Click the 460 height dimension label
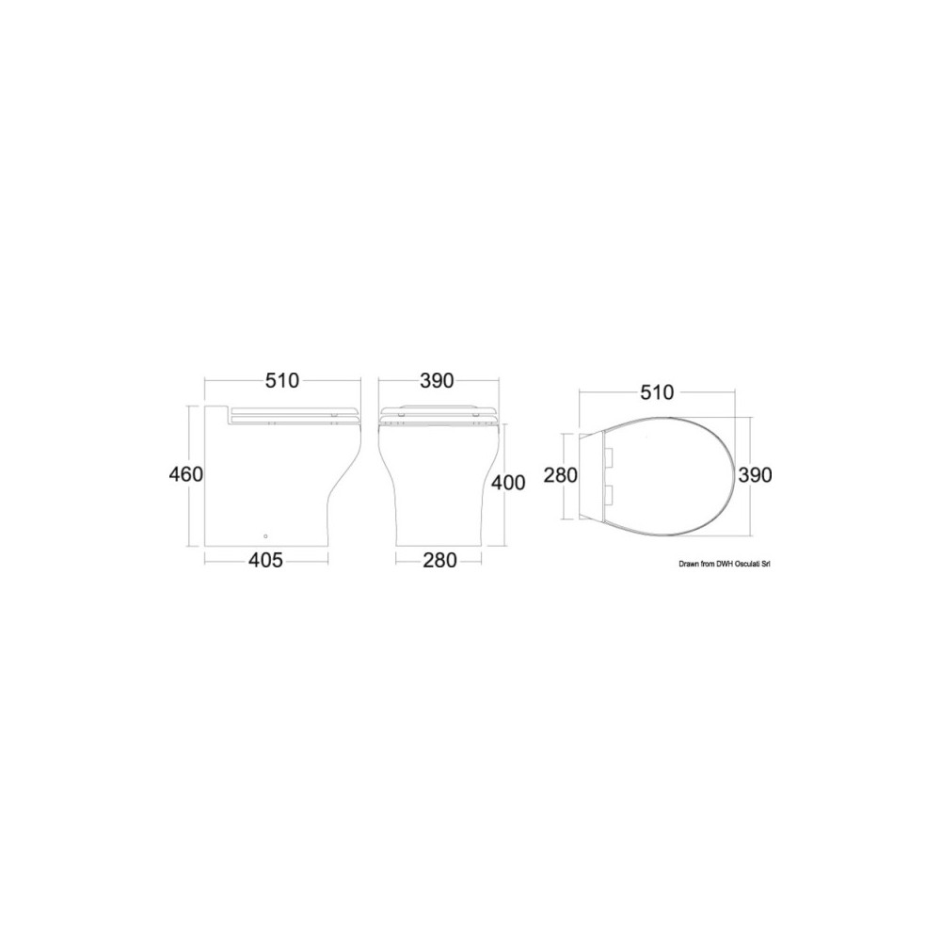click(x=186, y=474)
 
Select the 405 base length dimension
click(x=265, y=560)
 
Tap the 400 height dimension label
click(x=508, y=482)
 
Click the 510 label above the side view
click(x=282, y=380)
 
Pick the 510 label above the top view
click(x=657, y=392)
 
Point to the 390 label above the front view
click(x=437, y=380)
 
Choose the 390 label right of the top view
click(x=755, y=474)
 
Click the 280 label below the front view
click(x=439, y=560)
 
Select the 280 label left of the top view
click(x=561, y=474)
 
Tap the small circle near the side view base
click(x=266, y=536)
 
